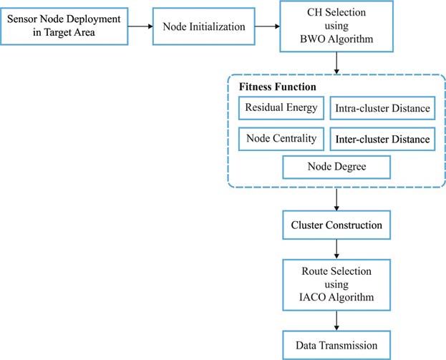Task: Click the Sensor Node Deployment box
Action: pyautogui.click(x=64, y=26)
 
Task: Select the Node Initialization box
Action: pyautogui.click(x=203, y=26)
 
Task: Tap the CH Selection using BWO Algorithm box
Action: pyautogui.click(x=336, y=26)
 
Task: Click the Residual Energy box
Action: pyautogui.click(x=281, y=108)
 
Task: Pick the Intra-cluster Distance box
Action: pyautogui.click(x=382, y=108)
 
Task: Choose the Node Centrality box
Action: pyautogui.click(x=281, y=139)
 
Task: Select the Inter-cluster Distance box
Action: pyautogui.click(x=382, y=139)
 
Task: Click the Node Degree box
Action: pyautogui.click(x=336, y=167)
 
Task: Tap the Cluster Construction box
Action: pyautogui.click(x=336, y=225)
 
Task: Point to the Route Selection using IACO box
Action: pyautogui.click(x=336, y=285)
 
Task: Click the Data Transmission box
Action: pyautogui.click(x=336, y=345)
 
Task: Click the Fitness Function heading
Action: pyautogui.click(x=277, y=87)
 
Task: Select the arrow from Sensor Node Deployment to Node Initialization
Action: pyautogui.click(x=140, y=26)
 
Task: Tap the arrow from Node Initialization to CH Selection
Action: pyautogui.click(x=267, y=26)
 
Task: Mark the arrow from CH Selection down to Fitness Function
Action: pyautogui.click(x=336, y=63)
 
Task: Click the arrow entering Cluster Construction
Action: pyautogui.click(x=336, y=200)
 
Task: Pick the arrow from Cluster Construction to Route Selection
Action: pyautogui.click(x=336, y=249)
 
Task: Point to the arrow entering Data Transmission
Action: pyautogui.click(x=336, y=321)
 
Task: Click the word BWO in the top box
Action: pyautogui.click(x=313, y=39)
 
